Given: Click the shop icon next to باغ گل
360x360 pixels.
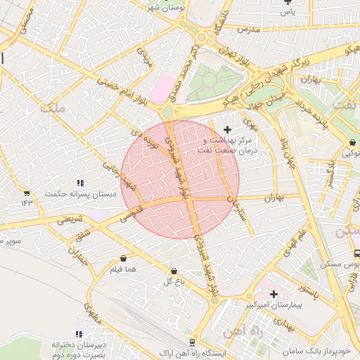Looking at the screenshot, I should (174, 271).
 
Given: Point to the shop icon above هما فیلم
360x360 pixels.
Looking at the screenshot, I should (124, 258).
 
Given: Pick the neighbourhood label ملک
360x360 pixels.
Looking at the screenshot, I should (52, 108).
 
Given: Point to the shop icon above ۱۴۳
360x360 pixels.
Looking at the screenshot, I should (27, 193).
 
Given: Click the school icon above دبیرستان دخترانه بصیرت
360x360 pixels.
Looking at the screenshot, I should (79, 334).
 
